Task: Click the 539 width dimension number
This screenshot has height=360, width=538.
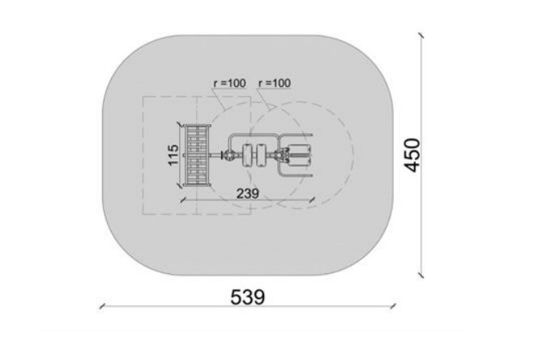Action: tap(247, 297)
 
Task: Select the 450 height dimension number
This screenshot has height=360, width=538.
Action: tap(412, 155)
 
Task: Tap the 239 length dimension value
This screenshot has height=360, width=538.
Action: tap(248, 194)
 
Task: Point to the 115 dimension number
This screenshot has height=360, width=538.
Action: tap(173, 155)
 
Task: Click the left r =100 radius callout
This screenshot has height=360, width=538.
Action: tap(229, 84)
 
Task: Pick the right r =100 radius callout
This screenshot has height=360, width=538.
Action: tap(275, 84)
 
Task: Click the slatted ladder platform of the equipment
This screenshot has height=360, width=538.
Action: tap(197, 156)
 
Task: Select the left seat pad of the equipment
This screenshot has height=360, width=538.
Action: tap(246, 156)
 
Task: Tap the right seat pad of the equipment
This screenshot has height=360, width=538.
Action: tap(261, 156)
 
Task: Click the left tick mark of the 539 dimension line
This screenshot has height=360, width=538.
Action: tap(102, 306)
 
